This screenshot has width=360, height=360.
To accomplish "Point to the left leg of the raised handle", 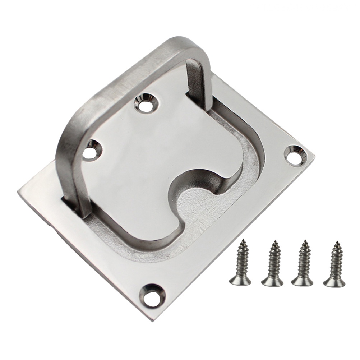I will pos(70,172).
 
